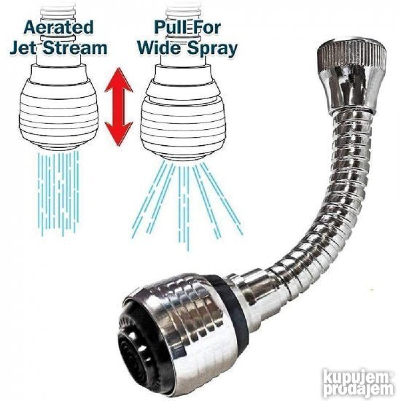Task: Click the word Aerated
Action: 58,28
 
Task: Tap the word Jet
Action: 23,48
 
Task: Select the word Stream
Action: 74,48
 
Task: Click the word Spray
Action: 212,49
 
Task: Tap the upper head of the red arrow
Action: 118,79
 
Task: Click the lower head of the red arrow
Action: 118,133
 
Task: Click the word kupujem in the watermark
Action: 356,377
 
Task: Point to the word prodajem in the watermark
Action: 358,390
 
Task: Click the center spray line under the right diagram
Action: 184,207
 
